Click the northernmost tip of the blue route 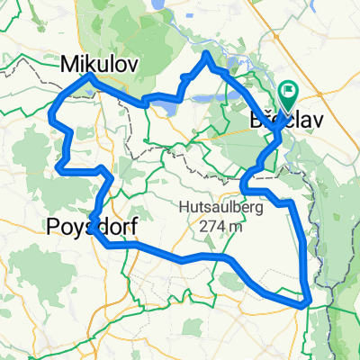207,54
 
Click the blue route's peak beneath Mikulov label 90,77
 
